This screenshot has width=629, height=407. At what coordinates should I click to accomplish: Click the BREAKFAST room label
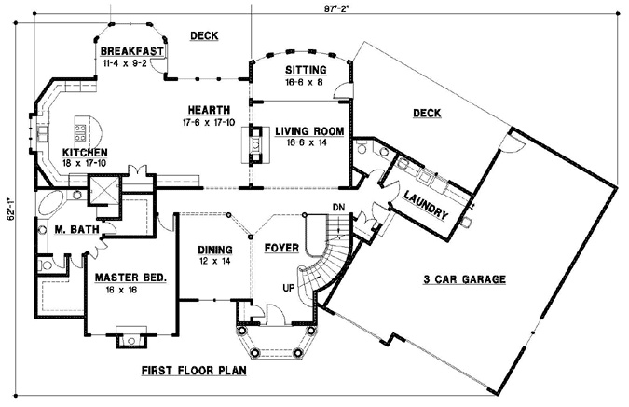[x=131, y=51]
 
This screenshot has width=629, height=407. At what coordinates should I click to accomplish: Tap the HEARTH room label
[x=209, y=110]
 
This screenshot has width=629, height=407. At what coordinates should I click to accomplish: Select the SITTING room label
[x=306, y=70]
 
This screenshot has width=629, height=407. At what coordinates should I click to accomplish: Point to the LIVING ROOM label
[x=309, y=131]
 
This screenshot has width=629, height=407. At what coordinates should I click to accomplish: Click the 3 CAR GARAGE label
[x=465, y=279]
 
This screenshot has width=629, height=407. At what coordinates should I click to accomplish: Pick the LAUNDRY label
[x=426, y=205]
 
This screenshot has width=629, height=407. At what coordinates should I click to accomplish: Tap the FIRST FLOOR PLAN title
[x=194, y=370]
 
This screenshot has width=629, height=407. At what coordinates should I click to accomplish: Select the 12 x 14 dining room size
[x=215, y=261]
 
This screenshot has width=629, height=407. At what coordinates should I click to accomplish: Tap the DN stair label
[x=338, y=208]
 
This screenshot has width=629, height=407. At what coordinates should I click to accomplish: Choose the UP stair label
[x=289, y=288]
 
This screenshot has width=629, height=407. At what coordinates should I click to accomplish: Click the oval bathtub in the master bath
[x=50, y=205]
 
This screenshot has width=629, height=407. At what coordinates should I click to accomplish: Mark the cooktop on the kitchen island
[x=80, y=132]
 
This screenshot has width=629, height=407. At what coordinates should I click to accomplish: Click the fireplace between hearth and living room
[x=255, y=144]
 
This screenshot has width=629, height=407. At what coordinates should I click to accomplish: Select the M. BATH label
[x=76, y=229]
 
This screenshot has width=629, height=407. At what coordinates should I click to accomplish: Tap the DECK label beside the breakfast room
[x=204, y=35]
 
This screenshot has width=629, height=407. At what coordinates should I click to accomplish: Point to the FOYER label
[x=281, y=249]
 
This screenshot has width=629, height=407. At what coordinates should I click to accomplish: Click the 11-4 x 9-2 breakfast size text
[x=125, y=63]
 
